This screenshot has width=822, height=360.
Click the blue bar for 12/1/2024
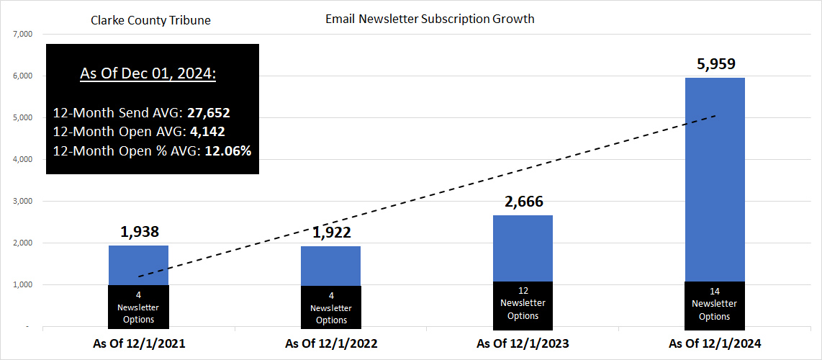pyautogui.click(x=715, y=180)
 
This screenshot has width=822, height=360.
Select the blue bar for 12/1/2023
pyautogui.click(x=523, y=248)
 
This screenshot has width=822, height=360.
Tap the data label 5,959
pyautogui.click(x=715, y=64)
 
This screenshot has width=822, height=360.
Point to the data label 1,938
pyautogui.click(x=138, y=232)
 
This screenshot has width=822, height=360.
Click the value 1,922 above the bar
pyautogui.click(x=331, y=233)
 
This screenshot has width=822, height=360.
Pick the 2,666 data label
pyautogui.click(x=523, y=202)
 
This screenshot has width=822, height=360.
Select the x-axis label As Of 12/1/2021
pyautogui.click(x=139, y=344)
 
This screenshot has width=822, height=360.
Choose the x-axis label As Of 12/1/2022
pyautogui.click(x=331, y=344)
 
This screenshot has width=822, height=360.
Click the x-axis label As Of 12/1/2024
pyautogui.click(x=715, y=344)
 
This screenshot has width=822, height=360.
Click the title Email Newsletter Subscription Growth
pyautogui.click(x=430, y=19)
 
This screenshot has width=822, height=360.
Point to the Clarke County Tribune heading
pyautogui.click(x=150, y=20)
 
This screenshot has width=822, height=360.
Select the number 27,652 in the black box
pyautogui.click(x=208, y=113)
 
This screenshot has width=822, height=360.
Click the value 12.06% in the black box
pyautogui.click(x=227, y=150)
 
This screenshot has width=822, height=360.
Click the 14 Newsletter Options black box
pyautogui.click(x=715, y=304)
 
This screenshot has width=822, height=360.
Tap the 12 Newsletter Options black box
pyautogui.click(x=523, y=303)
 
